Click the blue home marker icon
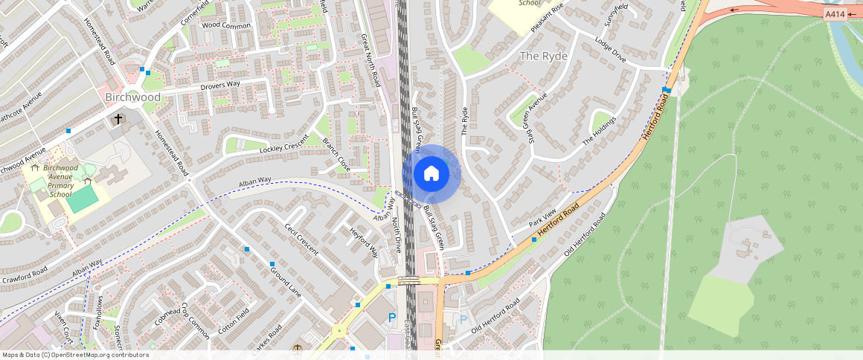click(x=431, y=174)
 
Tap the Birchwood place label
click(x=132, y=97)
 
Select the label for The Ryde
click(x=543, y=57)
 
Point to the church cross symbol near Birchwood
click(x=118, y=119)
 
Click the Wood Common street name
click(x=227, y=25)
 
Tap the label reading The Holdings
click(x=600, y=131)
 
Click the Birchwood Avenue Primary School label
click(x=61, y=181)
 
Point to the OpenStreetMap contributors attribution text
click(x=75, y=355)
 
